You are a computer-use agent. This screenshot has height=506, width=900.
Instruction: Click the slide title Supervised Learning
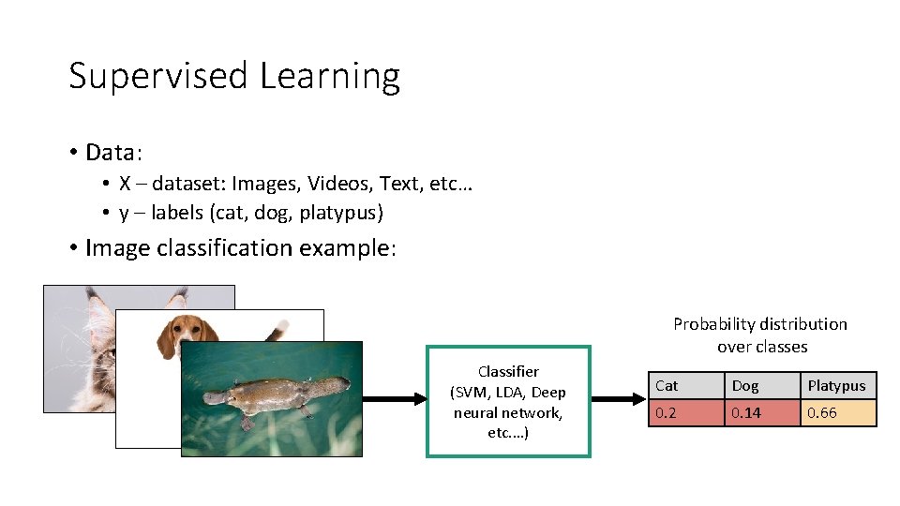[x=234, y=76]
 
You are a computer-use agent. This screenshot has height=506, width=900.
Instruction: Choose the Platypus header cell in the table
[x=836, y=386]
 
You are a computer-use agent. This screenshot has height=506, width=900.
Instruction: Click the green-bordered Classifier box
[x=508, y=402]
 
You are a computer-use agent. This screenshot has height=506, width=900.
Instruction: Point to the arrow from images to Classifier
[x=394, y=399]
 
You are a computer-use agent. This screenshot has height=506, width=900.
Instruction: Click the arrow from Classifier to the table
[x=619, y=399]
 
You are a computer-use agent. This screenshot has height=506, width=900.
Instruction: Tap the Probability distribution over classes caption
[x=760, y=335]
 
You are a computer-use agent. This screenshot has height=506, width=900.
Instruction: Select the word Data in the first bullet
[x=111, y=152]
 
